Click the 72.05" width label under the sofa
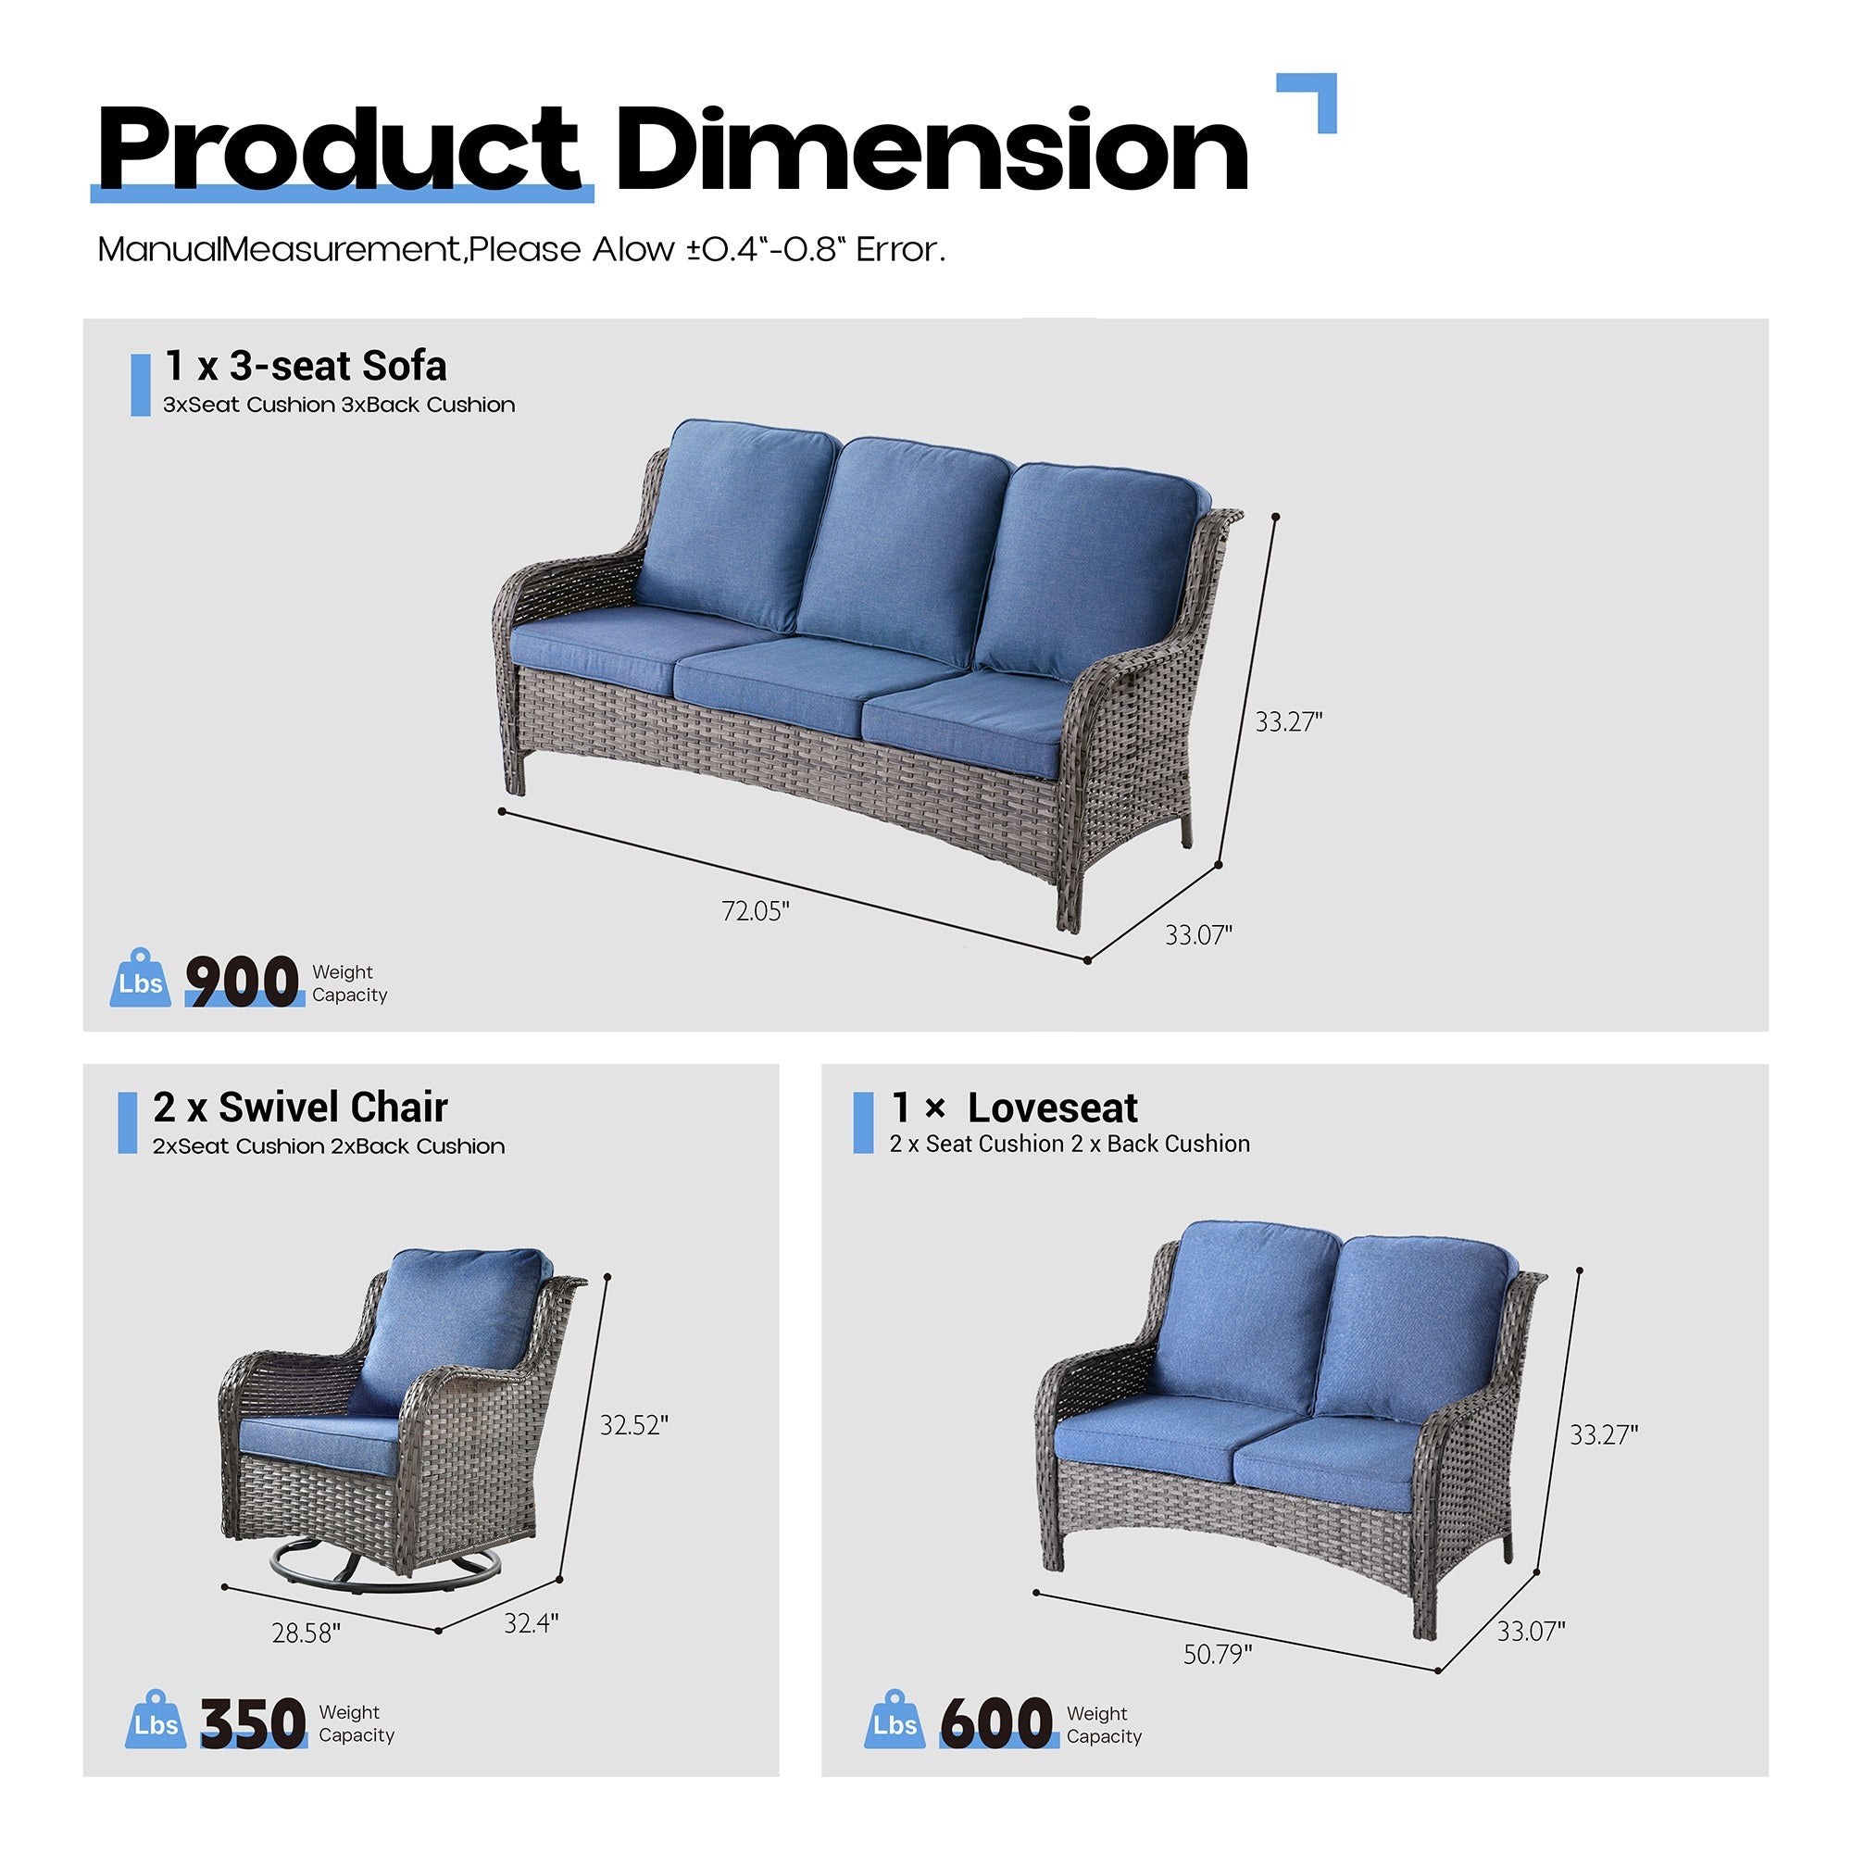[x=756, y=909]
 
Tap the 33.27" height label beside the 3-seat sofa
[x=1288, y=722]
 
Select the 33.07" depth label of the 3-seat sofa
[x=1198, y=933]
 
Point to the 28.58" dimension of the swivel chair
[x=306, y=1633]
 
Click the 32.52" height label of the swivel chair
[x=633, y=1424]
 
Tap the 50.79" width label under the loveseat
[x=1218, y=1655]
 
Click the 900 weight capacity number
[x=243, y=982]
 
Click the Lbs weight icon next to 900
[x=141, y=979]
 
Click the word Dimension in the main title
[x=932, y=152]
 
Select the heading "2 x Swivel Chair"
[x=300, y=1107]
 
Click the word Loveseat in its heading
[x=1053, y=1108]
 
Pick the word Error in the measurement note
[x=900, y=250]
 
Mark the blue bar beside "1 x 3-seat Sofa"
[x=141, y=384]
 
